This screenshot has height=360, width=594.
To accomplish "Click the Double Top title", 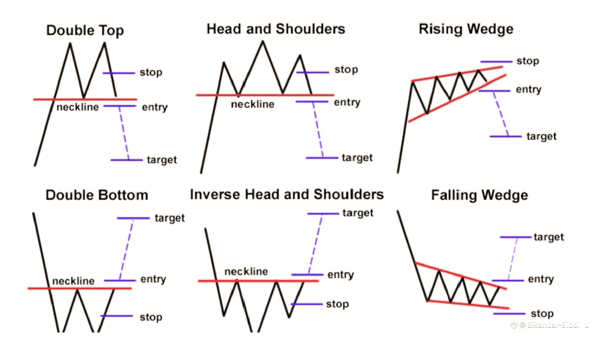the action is tap(85, 30).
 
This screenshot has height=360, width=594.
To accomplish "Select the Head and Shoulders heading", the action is tap(275, 29).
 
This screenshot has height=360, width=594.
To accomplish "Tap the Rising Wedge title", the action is tap(466, 29).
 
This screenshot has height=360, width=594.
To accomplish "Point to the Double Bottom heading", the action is tap(97, 195).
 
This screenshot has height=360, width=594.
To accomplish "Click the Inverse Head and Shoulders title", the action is tap(286, 194).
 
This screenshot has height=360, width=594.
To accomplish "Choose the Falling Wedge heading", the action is tap(480, 195).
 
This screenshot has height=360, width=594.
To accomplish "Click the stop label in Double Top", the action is tap(151, 73).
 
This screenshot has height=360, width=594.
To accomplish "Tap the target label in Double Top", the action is tap(161, 160).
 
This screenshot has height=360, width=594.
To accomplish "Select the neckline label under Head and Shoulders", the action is tap(253, 105).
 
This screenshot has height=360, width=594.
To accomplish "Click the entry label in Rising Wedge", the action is tap(528, 90).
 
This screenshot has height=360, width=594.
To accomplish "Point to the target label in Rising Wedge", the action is tap(541, 136).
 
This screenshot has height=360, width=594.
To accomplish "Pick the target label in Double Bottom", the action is tap(169, 218).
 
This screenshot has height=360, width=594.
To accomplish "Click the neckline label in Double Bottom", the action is tap(74, 280).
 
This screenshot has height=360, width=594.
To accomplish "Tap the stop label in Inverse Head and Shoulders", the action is tap(337, 304).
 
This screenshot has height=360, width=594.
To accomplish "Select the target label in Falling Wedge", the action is tap(549, 237).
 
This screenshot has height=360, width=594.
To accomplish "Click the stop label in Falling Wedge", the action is tap(542, 313).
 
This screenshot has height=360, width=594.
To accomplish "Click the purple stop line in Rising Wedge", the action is tap(496, 61).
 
